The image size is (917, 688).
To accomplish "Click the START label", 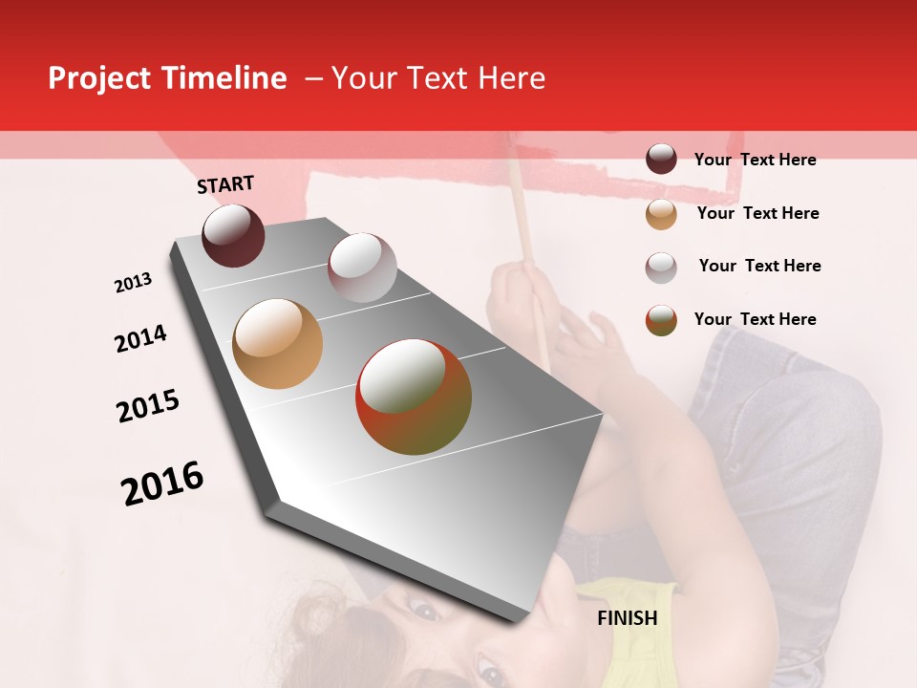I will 225,184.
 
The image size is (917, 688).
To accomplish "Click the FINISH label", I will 627,618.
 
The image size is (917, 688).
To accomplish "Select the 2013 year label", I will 133,282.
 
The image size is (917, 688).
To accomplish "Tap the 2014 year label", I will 140,338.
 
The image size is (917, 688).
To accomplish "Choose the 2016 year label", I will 162,483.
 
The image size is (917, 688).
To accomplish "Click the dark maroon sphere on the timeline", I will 233,235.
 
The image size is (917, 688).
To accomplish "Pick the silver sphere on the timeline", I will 362,268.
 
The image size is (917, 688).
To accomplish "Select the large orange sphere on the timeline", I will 278,344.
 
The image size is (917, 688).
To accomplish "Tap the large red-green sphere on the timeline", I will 414,397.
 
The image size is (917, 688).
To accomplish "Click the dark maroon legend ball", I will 661,159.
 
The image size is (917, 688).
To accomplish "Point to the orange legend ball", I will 661,214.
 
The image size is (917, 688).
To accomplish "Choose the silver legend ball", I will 661,267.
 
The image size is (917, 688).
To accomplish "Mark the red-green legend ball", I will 661,320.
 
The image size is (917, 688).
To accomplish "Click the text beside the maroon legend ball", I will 755,160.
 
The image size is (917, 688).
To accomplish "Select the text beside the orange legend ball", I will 757,213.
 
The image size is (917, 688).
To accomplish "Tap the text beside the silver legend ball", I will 759,266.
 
